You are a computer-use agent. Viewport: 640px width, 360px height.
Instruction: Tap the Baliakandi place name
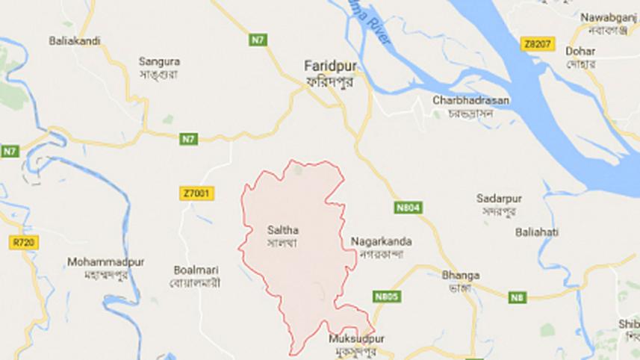click(x=74, y=41)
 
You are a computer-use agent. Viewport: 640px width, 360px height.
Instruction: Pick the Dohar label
click(x=580, y=52)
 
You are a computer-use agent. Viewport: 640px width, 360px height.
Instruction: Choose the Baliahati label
click(x=536, y=232)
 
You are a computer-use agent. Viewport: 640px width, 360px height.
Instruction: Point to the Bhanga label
click(x=459, y=274)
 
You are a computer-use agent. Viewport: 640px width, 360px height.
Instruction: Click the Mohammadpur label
click(x=106, y=262)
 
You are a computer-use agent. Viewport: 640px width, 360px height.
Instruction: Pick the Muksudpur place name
click(x=350, y=340)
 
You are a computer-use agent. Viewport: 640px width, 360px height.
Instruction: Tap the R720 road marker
click(x=24, y=242)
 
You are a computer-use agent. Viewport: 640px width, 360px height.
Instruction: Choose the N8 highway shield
click(x=517, y=299)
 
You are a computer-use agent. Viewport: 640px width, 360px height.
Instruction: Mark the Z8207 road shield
click(x=538, y=45)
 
